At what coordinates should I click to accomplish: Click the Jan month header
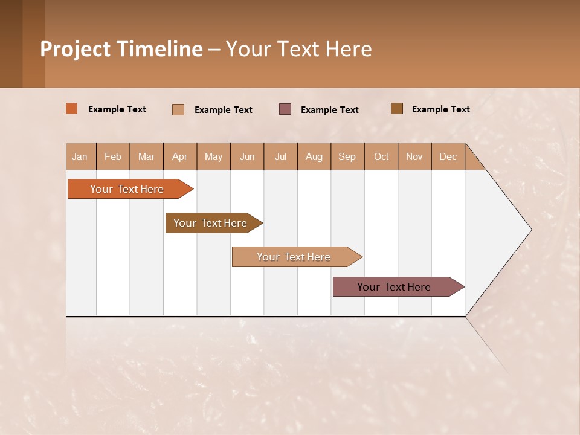click(80, 157)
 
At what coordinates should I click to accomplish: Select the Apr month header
click(180, 157)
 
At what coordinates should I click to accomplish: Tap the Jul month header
click(281, 157)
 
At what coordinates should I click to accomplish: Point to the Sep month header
click(347, 157)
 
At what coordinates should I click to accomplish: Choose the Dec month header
click(448, 157)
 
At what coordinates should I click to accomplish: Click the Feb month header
click(113, 157)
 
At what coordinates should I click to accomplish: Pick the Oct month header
click(381, 157)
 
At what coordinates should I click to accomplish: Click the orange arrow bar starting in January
click(127, 189)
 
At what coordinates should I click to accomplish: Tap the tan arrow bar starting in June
click(294, 257)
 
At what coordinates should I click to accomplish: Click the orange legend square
click(72, 109)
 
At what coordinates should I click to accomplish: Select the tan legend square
click(178, 109)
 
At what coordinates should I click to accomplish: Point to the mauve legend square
click(285, 109)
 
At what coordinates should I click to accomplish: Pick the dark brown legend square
click(397, 109)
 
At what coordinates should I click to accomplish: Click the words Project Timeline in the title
click(121, 49)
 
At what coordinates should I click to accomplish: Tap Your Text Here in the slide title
click(298, 49)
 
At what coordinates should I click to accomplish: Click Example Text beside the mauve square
click(330, 110)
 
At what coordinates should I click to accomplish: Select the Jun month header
click(247, 157)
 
